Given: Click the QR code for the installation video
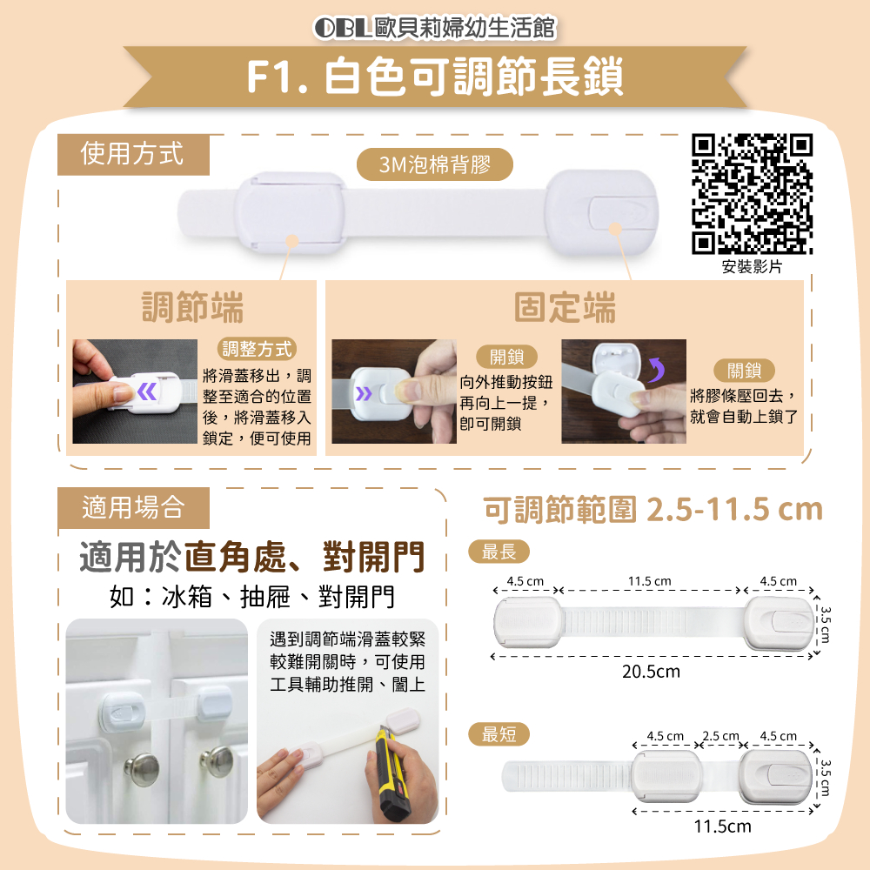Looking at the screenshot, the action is coord(752,194).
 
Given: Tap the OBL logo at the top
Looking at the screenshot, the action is coord(342,28).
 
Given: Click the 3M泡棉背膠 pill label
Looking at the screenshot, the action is coord(434,164).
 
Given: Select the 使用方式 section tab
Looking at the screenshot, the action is coord(133,154).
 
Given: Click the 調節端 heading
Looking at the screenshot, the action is coord(192,307).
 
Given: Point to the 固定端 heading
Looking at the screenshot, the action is coord(565,307).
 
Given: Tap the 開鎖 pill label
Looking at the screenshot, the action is coord(506,357).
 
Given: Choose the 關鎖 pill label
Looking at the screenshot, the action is coord(744,370).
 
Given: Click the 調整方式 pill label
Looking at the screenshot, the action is coord(257,349).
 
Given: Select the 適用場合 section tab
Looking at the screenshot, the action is coord(133,508).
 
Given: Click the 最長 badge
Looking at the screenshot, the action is coord(499,552).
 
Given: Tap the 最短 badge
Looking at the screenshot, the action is coord(499,734).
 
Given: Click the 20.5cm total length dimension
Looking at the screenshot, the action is coord(651,672).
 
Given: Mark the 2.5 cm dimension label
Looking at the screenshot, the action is coord(720,736).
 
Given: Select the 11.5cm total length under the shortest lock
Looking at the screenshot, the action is coord(722,826).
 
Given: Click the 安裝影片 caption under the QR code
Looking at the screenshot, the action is coord(752,267).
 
